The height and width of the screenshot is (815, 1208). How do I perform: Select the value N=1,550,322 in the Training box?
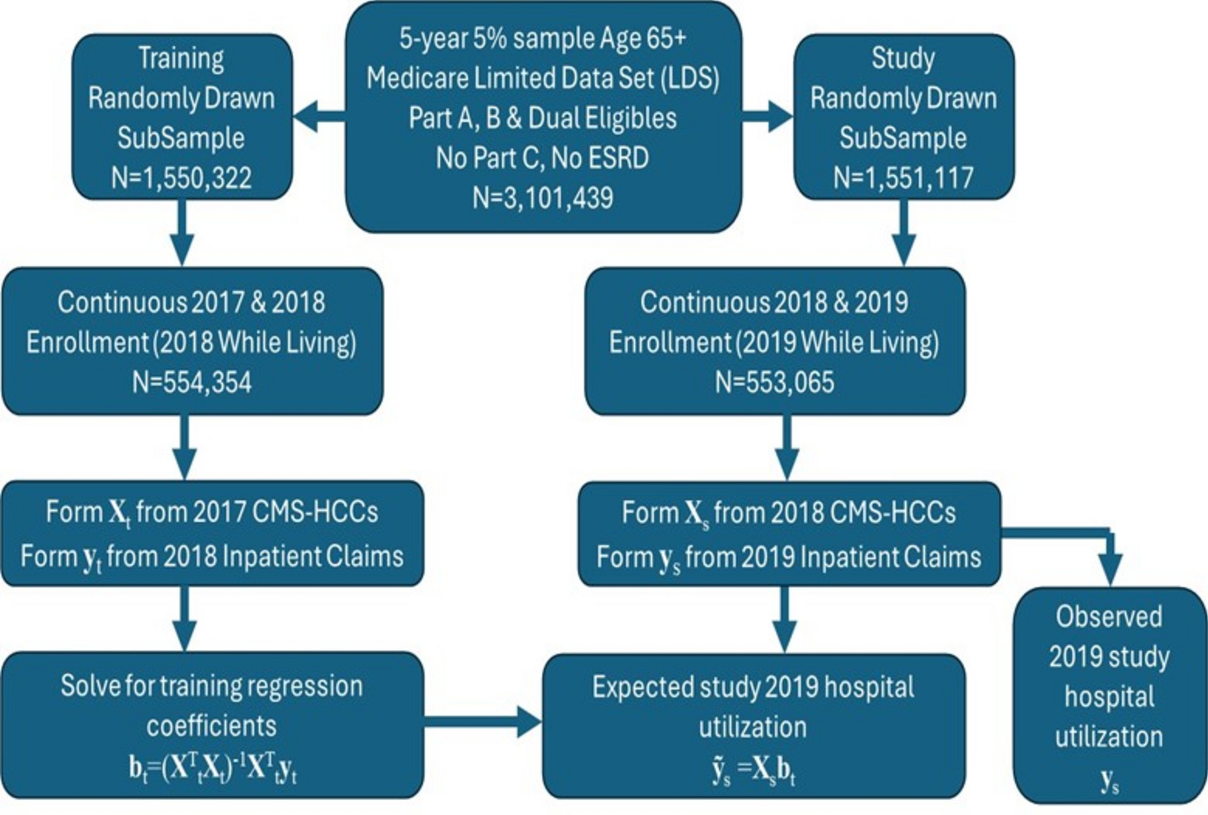[x=181, y=179]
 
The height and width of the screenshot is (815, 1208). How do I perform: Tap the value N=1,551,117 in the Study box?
[x=903, y=179]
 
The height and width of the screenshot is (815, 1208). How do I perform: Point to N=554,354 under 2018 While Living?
[x=192, y=382]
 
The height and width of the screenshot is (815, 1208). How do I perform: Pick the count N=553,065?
[x=775, y=382]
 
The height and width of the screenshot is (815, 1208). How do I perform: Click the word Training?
[x=181, y=58]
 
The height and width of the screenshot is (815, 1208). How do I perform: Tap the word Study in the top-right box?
[x=903, y=58]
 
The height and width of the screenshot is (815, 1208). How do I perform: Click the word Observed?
[x=1109, y=617]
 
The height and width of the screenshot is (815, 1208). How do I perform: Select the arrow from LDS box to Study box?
[x=768, y=117]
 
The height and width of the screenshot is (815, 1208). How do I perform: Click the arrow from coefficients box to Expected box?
[x=482, y=722]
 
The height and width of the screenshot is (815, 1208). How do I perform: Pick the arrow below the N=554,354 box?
[x=184, y=447]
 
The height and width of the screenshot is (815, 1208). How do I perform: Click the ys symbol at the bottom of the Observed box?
[x=1109, y=782]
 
